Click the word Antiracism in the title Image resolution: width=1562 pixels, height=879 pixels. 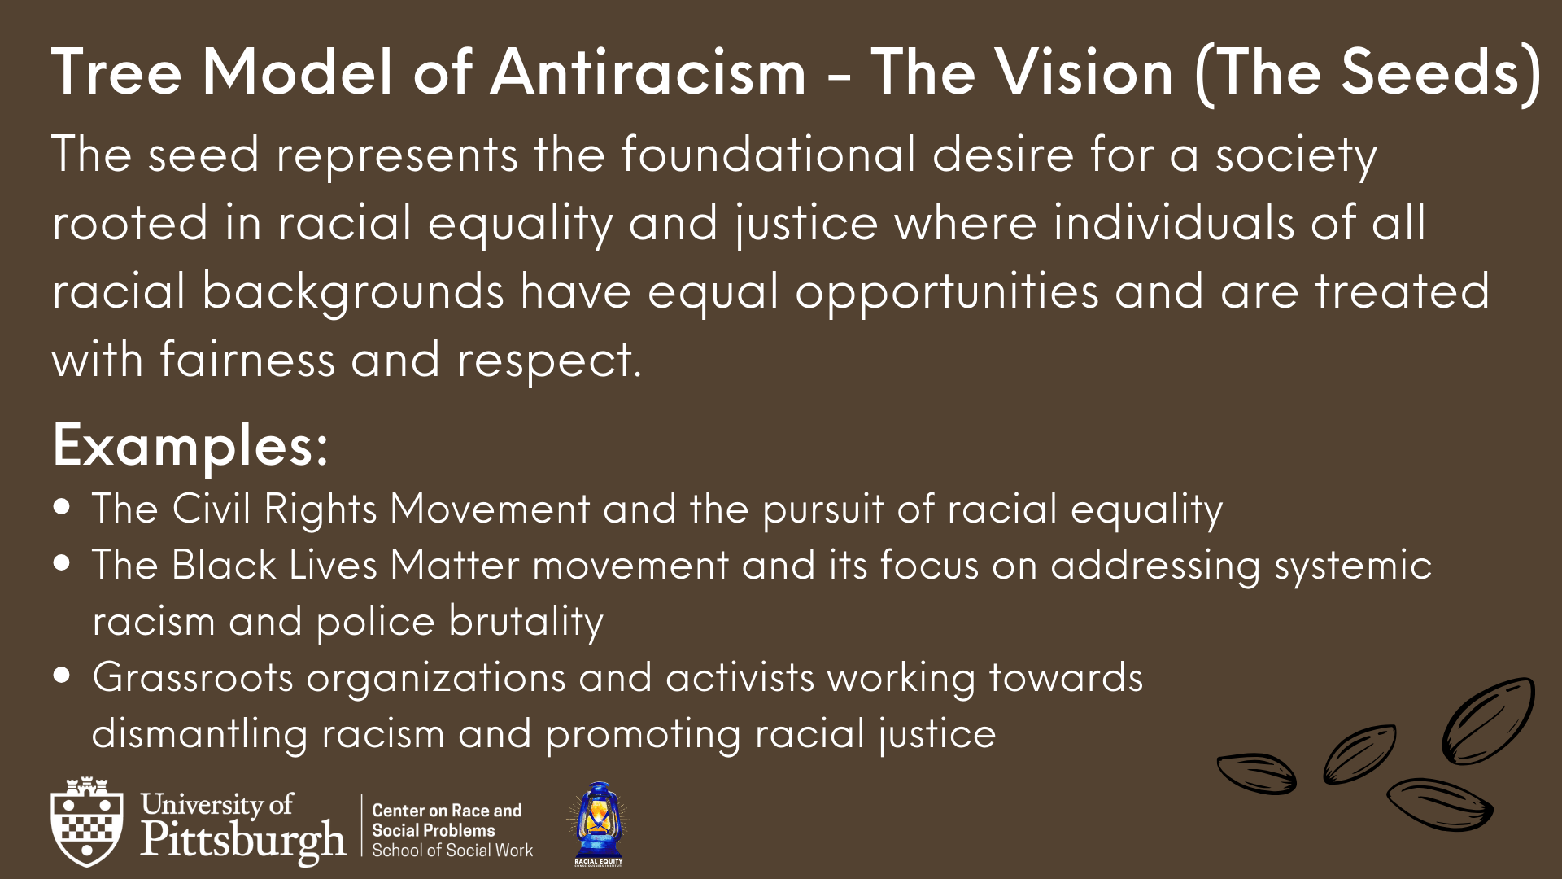(x=648, y=72)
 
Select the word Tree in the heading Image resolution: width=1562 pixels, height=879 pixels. (x=116, y=72)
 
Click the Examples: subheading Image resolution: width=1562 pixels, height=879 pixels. (x=190, y=446)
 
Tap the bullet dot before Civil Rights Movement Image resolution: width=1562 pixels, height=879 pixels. (x=62, y=507)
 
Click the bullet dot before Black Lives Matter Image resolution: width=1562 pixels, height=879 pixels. (x=62, y=563)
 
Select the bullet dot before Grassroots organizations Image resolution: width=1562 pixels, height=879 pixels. (x=62, y=676)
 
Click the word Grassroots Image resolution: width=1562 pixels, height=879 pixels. (x=193, y=677)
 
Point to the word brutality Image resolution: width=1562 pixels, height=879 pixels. (x=526, y=623)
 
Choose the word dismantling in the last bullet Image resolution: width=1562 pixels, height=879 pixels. (x=200, y=734)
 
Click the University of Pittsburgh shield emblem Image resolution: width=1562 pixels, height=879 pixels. (x=87, y=821)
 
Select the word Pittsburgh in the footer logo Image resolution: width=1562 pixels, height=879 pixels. (x=243, y=842)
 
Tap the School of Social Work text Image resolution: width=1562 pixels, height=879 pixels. (x=452, y=851)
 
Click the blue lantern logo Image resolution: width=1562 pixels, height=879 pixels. (x=599, y=824)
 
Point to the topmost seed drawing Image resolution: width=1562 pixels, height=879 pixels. (x=1488, y=720)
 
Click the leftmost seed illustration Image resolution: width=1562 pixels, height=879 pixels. (x=1256, y=773)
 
